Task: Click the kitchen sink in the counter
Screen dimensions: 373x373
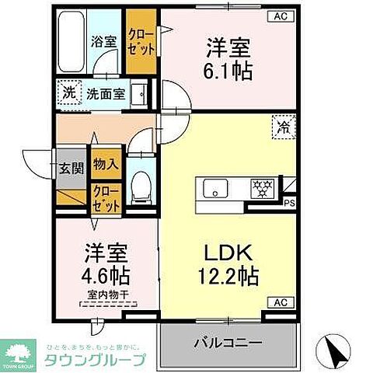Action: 214,189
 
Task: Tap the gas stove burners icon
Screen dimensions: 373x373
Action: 259,189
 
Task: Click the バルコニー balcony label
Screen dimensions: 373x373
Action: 229,340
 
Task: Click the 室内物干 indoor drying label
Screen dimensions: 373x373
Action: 107,295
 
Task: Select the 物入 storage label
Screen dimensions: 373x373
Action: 106,164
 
